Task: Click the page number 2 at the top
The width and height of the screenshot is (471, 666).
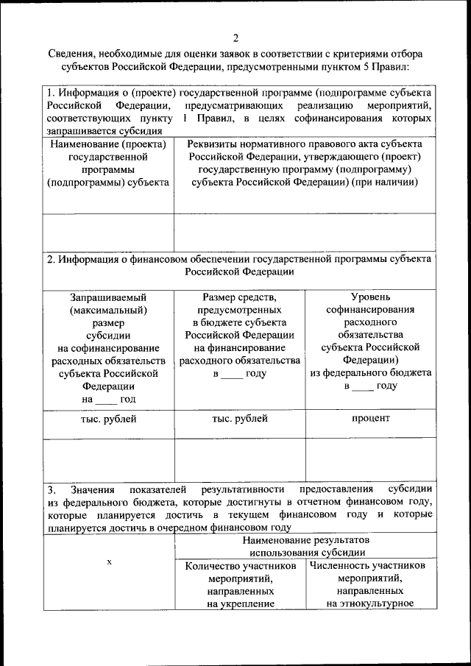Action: tap(235, 38)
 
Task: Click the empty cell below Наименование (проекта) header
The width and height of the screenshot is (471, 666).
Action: tap(108, 233)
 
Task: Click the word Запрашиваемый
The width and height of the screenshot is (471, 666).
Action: tap(108, 297)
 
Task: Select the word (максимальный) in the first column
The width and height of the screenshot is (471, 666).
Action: tap(108, 310)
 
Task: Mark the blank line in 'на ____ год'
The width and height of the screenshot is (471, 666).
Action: tap(106, 400)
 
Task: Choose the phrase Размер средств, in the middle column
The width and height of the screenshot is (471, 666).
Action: tap(239, 297)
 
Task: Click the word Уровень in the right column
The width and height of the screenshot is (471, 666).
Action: tap(370, 297)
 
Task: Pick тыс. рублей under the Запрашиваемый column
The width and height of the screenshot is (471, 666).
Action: tap(108, 419)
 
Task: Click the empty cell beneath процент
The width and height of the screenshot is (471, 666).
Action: tap(370, 459)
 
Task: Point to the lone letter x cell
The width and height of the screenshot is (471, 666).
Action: tap(109, 562)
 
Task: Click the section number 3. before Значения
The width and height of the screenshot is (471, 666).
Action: tap(52, 489)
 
